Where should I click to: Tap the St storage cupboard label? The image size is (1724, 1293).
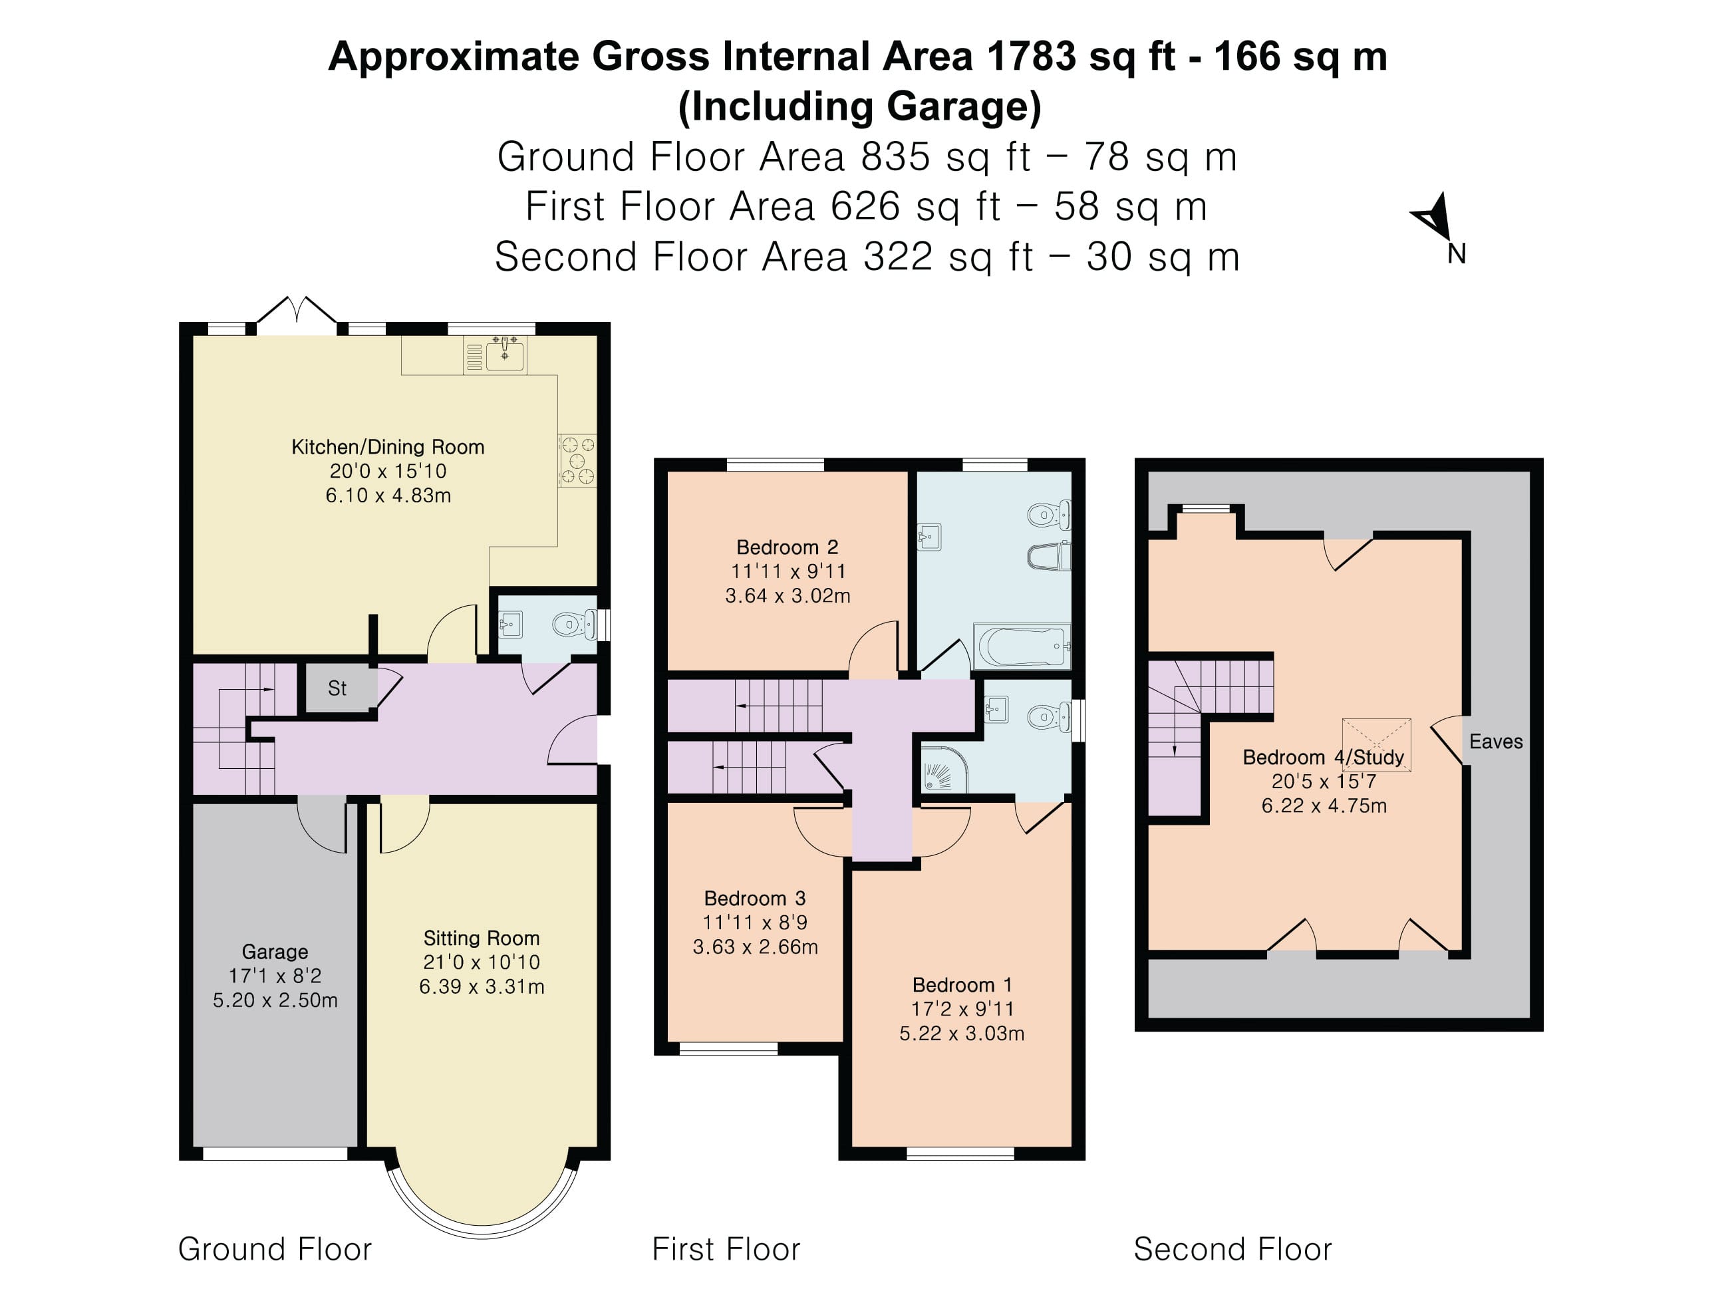pyautogui.click(x=337, y=688)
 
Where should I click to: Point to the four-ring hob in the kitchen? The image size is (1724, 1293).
pyautogui.click(x=577, y=461)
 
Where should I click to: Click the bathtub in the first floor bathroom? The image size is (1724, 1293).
pyautogui.click(x=1021, y=645)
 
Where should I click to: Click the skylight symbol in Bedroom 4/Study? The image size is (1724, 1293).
pyautogui.click(x=1376, y=745)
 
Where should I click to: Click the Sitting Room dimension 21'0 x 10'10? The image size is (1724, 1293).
pyautogui.click(x=481, y=962)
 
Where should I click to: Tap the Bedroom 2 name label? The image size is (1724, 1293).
pyautogui.click(x=788, y=547)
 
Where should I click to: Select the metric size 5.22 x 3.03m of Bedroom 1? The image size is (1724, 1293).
pyautogui.click(x=962, y=1034)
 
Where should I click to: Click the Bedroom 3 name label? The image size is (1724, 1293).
pyautogui.click(x=754, y=898)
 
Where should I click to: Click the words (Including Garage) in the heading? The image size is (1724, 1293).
pyautogui.click(x=859, y=107)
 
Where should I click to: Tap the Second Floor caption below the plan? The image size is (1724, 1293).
pyautogui.click(x=1232, y=1249)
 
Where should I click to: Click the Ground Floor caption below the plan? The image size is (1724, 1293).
pyautogui.click(x=274, y=1249)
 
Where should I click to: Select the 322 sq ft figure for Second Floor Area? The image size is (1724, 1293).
pyautogui.click(x=948, y=257)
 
